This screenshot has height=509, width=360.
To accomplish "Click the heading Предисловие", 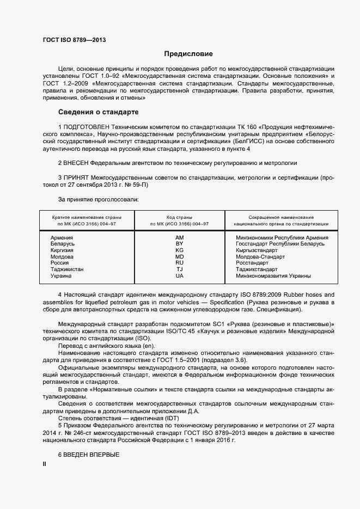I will (188, 54).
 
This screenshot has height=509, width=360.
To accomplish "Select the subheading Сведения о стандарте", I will (98, 112).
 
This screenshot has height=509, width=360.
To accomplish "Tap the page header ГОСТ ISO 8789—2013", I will (74, 40).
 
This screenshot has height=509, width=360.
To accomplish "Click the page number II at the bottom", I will (44, 464).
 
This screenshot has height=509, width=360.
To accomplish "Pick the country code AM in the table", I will (179, 238).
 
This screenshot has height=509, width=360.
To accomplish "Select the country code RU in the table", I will (179, 263).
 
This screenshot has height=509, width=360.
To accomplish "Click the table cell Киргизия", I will (62, 250).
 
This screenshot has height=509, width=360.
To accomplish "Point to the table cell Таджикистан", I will (67, 269).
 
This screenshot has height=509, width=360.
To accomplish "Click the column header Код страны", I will (179, 217).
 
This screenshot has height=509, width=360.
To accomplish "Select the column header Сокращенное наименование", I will (281, 217).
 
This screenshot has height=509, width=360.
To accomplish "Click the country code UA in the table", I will (179, 276).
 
